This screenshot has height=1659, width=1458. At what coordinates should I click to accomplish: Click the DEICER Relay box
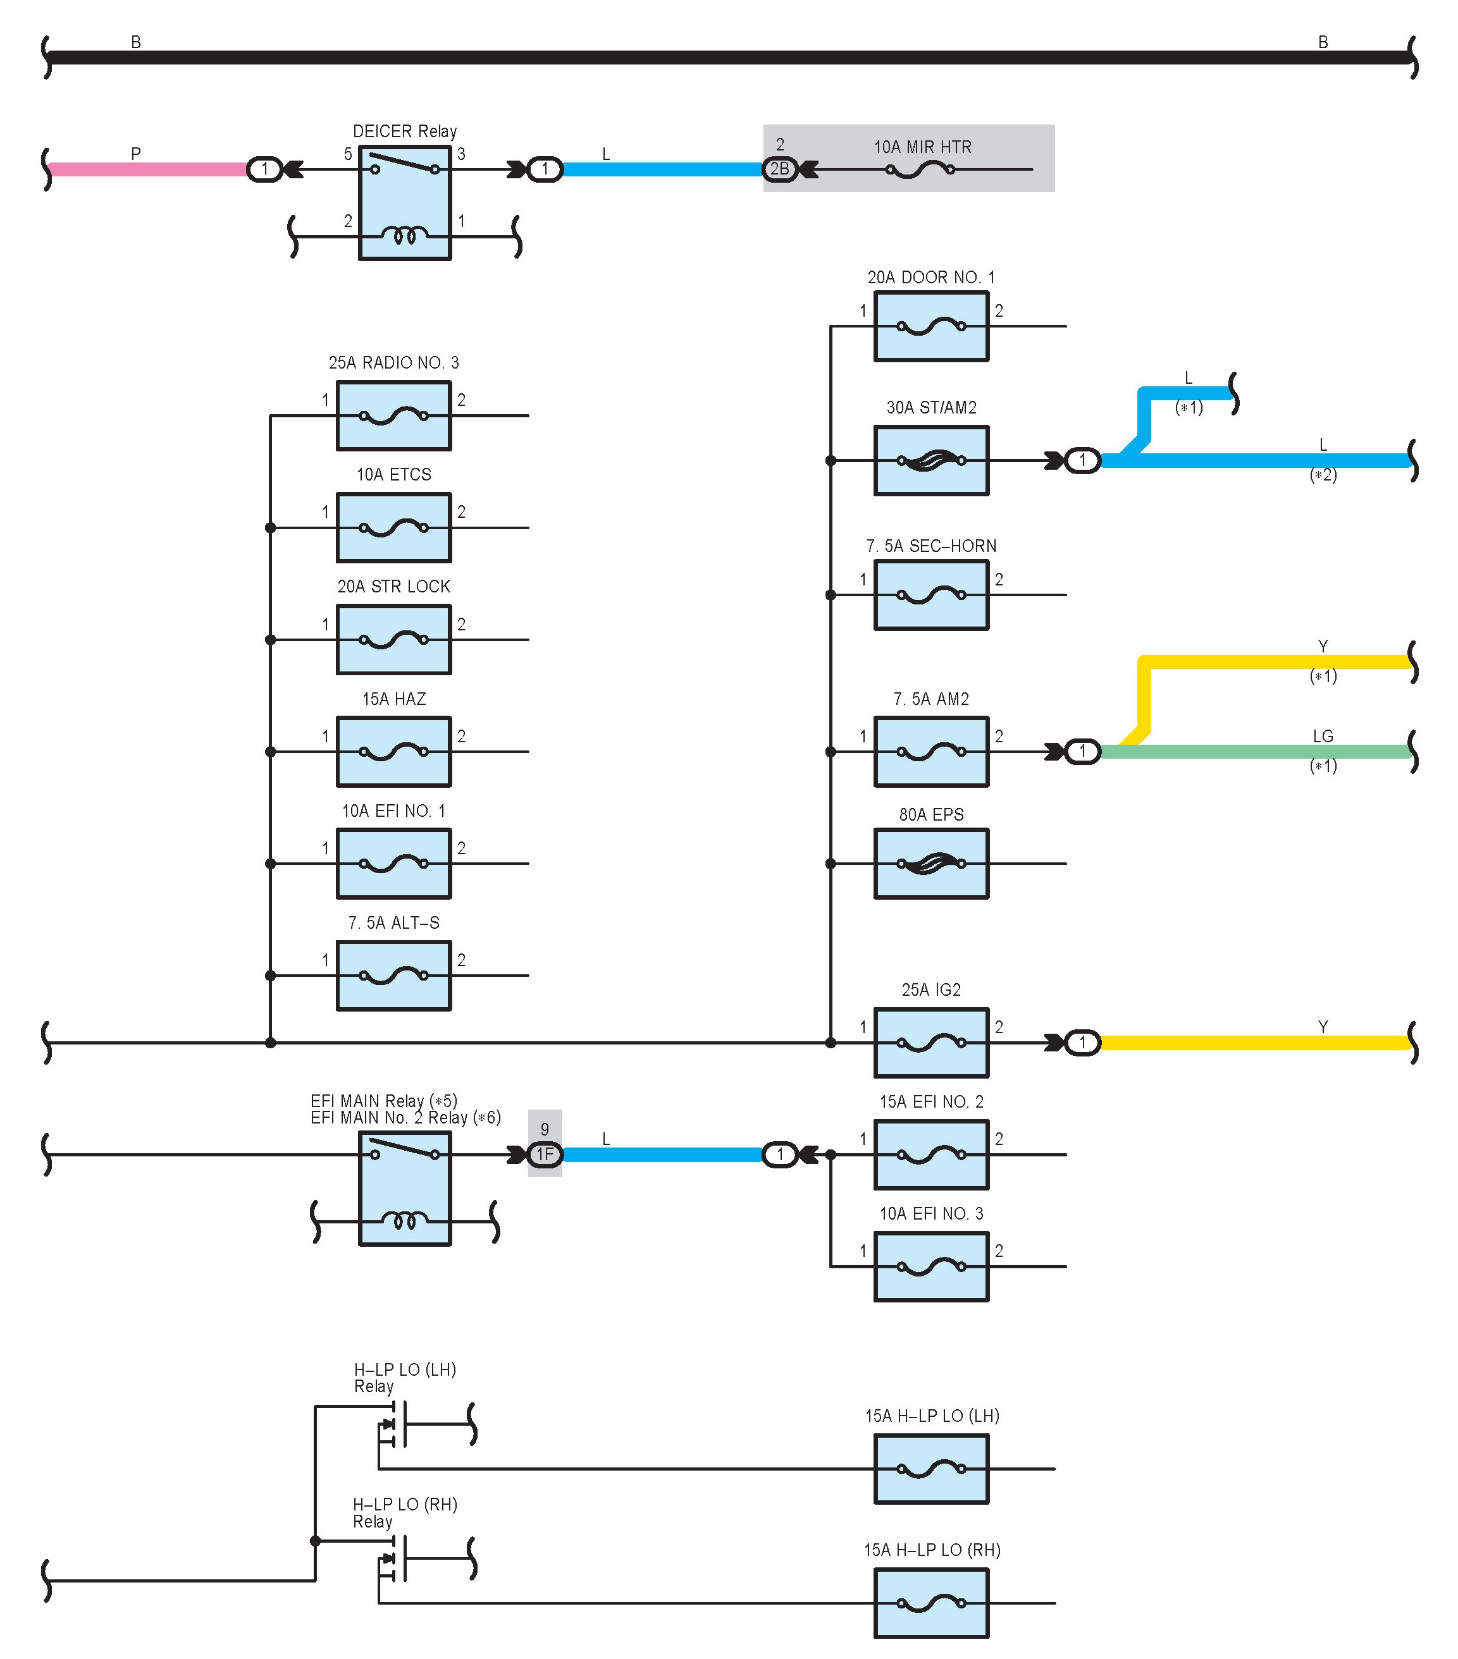coord(404,203)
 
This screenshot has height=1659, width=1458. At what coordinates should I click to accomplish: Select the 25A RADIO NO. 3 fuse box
coord(393,415)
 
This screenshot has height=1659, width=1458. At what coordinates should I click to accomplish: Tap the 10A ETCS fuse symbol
coord(393,527)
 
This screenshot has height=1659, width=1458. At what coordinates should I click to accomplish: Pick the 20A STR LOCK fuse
coord(393,640)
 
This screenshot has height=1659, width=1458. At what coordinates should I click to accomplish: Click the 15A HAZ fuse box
coord(393,752)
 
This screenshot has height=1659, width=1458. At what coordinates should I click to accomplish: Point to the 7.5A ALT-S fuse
coord(393,976)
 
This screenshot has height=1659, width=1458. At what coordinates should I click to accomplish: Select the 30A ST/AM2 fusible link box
coord(931,460)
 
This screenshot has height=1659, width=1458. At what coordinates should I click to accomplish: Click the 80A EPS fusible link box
coord(931,864)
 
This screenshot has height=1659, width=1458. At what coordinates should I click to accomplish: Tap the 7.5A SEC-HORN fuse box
coord(931,595)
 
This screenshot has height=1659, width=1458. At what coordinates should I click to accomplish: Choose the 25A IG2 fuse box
coord(931,1043)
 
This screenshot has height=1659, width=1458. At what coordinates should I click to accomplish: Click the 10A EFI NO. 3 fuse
coord(931,1266)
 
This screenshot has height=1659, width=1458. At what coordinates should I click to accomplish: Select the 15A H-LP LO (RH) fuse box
coord(931,1603)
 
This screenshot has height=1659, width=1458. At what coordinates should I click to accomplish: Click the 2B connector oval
coord(779,169)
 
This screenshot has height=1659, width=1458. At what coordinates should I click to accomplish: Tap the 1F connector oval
coord(545,1154)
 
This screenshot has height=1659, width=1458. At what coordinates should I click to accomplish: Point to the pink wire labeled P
coord(146,169)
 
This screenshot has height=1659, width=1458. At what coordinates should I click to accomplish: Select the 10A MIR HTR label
coord(922,147)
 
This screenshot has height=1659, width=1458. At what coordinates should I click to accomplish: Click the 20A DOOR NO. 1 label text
coord(931,278)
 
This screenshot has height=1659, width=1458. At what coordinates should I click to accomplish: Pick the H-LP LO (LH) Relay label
coord(404,1378)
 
